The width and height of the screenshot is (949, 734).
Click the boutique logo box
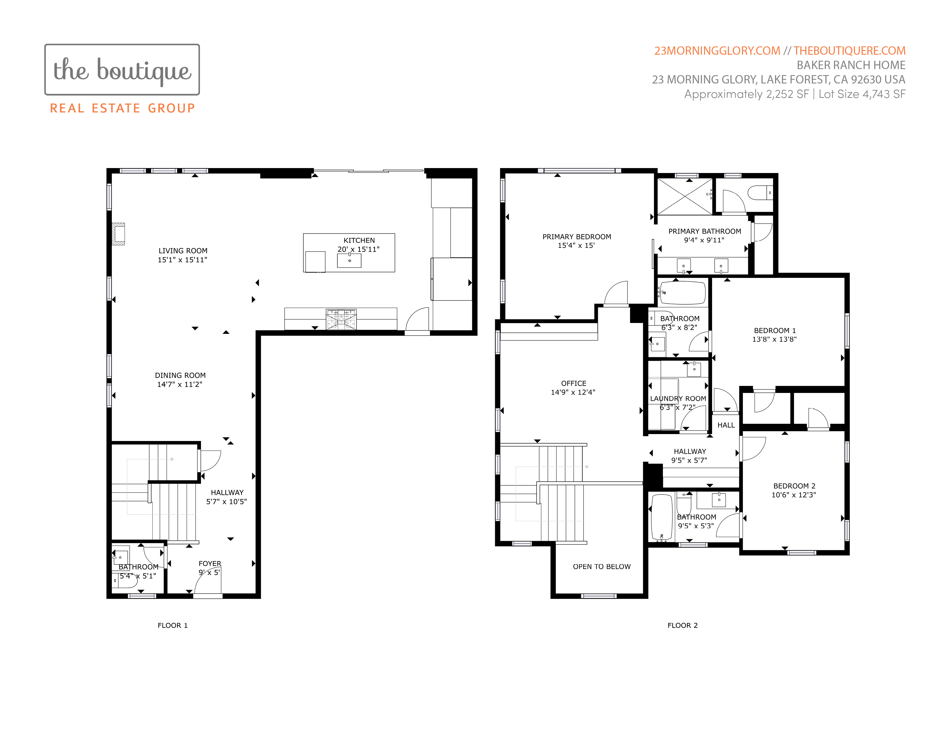click(x=122, y=70)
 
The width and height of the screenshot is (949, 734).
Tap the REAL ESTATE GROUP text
click(x=123, y=108)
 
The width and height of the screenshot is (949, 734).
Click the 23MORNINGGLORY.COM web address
click(x=717, y=51)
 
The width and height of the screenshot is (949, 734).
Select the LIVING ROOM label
click(x=183, y=251)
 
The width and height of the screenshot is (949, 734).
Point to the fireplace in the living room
click(x=118, y=234)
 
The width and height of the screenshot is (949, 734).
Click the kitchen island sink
click(x=349, y=260)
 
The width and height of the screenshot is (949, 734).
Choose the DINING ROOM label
click(x=180, y=375)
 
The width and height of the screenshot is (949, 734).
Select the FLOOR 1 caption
click(x=173, y=625)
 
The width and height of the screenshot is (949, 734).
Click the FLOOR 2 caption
click(x=683, y=625)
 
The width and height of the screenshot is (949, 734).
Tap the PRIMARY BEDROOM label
click(x=577, y=237)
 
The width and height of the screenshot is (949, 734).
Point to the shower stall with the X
click(x=685, y=197)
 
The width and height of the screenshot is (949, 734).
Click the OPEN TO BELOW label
click(x=602, y=566)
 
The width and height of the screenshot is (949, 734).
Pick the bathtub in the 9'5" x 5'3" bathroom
click(x=662, y=518)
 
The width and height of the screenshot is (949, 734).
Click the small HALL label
click(x=726, y=425)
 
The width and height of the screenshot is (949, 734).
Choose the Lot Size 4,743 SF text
click(x=862, y=94)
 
